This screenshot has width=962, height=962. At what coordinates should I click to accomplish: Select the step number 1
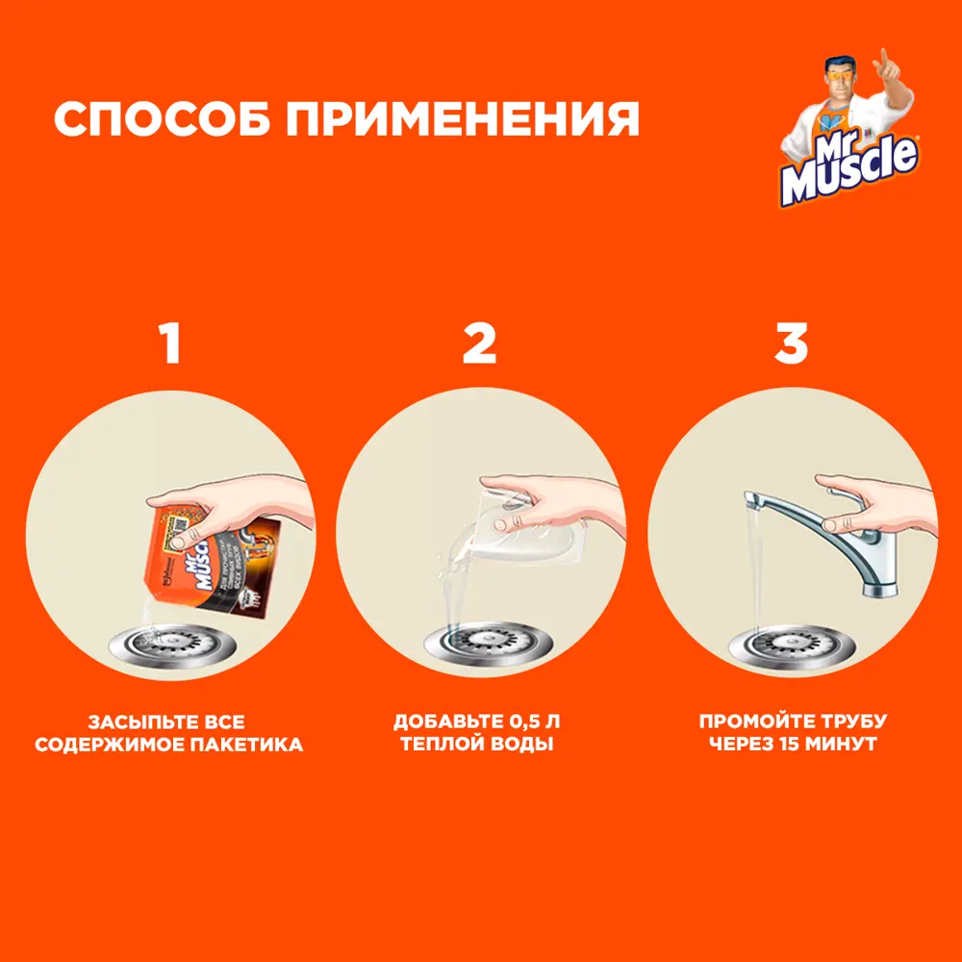[170, 343]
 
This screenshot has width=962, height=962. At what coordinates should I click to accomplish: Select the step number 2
[479, 343]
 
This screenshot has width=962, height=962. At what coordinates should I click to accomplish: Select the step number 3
[791, 343]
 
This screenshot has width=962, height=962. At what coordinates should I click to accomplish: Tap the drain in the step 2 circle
[481, 644]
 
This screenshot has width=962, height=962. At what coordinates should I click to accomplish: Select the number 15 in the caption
[797, 745]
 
